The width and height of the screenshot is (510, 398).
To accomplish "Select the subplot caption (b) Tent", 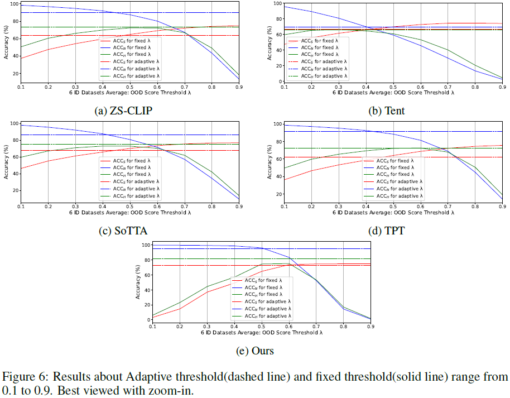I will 387,111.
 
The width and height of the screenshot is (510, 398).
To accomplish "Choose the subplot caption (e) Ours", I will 255,351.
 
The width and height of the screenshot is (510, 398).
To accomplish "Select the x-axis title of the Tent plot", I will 393,92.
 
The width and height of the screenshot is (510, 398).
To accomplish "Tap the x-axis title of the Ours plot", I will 261,332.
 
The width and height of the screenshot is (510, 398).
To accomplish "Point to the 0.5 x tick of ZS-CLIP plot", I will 131,87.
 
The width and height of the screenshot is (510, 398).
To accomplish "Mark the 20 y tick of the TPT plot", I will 277,194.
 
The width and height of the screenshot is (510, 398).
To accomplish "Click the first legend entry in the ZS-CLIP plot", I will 130,41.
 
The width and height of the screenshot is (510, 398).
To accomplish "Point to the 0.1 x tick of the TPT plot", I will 285,207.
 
